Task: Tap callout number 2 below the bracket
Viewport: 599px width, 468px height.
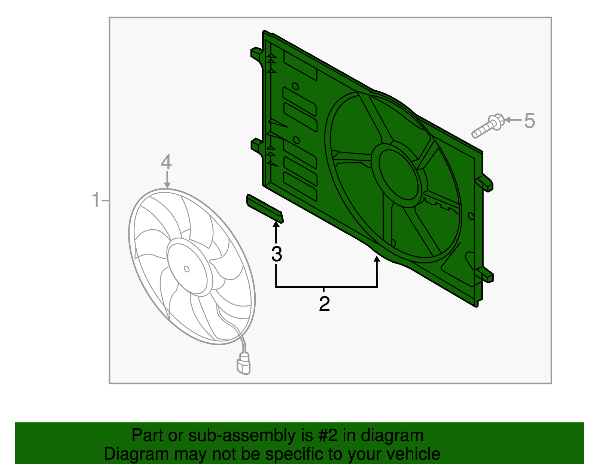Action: (324, 304)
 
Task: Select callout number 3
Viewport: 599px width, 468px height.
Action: (277, 254)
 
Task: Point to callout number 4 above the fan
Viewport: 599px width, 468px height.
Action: (166, 162)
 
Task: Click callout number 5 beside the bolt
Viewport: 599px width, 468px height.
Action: (529, 121)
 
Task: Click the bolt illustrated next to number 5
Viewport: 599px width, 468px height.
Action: (487, 126)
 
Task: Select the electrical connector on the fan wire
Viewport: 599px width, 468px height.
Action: (243, 363)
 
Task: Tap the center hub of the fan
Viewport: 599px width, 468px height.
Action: (187, 269)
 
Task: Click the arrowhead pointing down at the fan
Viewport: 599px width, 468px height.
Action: (167, 185)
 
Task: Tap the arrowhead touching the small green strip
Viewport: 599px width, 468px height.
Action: (276, 224)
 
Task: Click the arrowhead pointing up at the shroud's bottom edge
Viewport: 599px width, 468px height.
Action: (377, 259)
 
